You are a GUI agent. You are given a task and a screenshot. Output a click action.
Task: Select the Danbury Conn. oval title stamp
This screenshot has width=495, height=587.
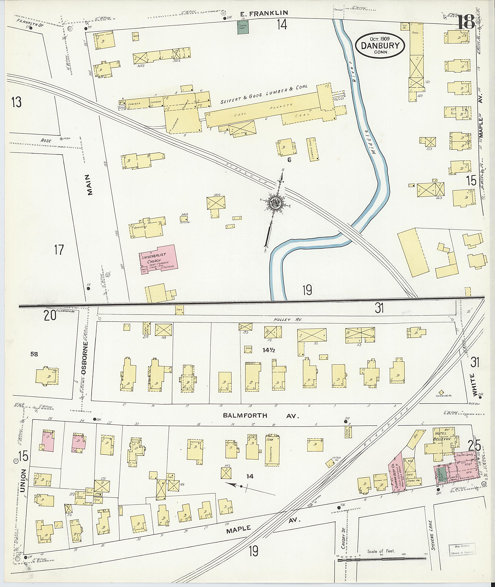tap(380, 46)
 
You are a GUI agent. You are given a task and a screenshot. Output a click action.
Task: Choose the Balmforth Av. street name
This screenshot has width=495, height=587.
tap(261, 416)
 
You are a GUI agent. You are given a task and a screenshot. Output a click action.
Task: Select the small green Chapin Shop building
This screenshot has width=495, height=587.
tap(243, 28)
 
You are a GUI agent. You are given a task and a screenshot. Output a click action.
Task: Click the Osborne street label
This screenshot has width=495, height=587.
tap(85, 359)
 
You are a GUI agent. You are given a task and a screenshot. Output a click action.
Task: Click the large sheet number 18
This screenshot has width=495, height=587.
tap(466, 22)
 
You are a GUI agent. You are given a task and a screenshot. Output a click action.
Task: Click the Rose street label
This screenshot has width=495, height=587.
tap(46, 141)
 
